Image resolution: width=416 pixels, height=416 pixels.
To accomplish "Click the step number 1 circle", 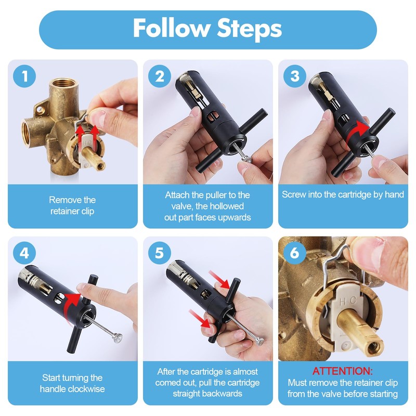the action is pyautogui.click(x=24, y=76).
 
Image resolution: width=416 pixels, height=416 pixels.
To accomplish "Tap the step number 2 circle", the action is pyautogui.click(x=160, y=76).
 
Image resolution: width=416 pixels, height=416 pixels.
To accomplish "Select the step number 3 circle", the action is pyautogui.click(x=295, y=76).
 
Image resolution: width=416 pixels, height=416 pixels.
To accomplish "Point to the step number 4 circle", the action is pyautogui.click(x=24, y=253).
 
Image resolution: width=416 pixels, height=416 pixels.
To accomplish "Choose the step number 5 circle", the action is pyautogui.click(x=160, y=253).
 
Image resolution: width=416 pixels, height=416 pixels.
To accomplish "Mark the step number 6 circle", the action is pyautogui.click(x=295, y=253).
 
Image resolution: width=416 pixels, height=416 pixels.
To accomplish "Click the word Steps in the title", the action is pyautogui.click(x=249, y=29).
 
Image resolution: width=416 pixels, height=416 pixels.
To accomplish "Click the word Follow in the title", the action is pyautogui.click(x=171, y=28).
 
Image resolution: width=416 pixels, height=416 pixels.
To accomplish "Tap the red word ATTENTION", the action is pyautogui.click(x=343, y=371).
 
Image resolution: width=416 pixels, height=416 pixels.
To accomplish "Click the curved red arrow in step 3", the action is pyautogui.click(x=357, y=134).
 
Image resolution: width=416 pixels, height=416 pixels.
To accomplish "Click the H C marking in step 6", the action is pyautogui.click(x=347, y=302).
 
